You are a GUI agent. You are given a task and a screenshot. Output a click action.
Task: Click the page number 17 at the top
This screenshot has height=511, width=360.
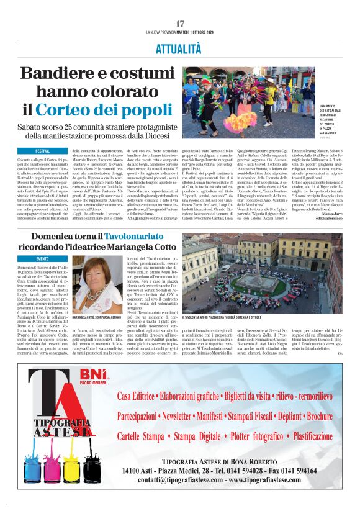click(180, 23)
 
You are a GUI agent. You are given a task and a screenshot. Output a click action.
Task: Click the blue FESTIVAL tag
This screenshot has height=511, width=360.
click(43, 151)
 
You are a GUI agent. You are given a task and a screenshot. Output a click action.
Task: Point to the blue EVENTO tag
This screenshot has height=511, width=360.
click(43, 258)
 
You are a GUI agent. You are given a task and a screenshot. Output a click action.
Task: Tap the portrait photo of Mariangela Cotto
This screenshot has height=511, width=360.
click(102, 285)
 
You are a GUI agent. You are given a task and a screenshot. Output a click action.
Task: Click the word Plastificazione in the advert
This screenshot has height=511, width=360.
click(304, 436)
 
